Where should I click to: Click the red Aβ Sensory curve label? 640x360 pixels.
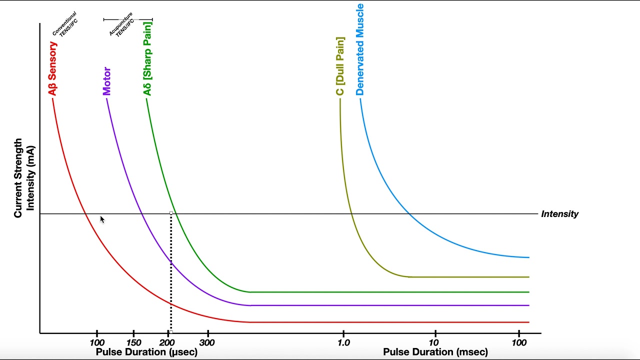click(52, 68)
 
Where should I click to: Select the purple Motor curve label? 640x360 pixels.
click(106, 81)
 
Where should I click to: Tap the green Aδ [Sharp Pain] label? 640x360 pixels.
click(147, 58)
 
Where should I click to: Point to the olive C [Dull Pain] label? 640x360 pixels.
click(340, 66)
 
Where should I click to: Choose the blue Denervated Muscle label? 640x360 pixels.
click(360, 49)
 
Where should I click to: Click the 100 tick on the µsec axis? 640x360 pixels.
click(97, 342)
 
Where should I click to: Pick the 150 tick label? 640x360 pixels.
click(133, 342)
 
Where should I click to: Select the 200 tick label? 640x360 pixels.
click(166, 342)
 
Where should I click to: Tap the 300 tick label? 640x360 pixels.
click(207, 342)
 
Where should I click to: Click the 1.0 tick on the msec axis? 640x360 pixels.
click(343, 342)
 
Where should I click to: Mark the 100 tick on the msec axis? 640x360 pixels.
click(519, 342)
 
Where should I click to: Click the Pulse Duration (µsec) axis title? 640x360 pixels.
click(146, 352)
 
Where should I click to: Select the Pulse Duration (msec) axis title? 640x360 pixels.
click(435, 352)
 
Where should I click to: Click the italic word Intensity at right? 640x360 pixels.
click(559, 214)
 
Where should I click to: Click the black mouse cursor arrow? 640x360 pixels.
click(102, 219)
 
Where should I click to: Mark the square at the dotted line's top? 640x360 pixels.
click(171, 213)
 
